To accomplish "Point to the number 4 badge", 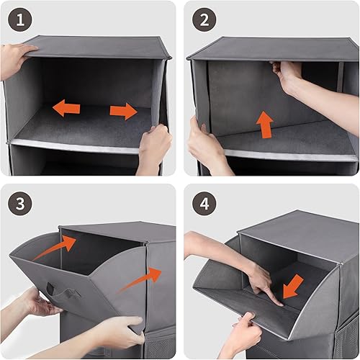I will (x=204, y=204).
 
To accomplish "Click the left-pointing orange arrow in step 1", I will (x=67, y=109).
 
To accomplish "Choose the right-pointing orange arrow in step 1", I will (x=123, y=111).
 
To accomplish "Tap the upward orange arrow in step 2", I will (x=266, y=123).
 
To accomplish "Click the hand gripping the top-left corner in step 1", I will (x=16, y=59).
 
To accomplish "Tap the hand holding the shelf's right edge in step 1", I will (x=153, y=148).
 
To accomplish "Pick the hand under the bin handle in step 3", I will (x=36, y=302).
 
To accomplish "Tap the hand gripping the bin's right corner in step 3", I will (x=115, y=331).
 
